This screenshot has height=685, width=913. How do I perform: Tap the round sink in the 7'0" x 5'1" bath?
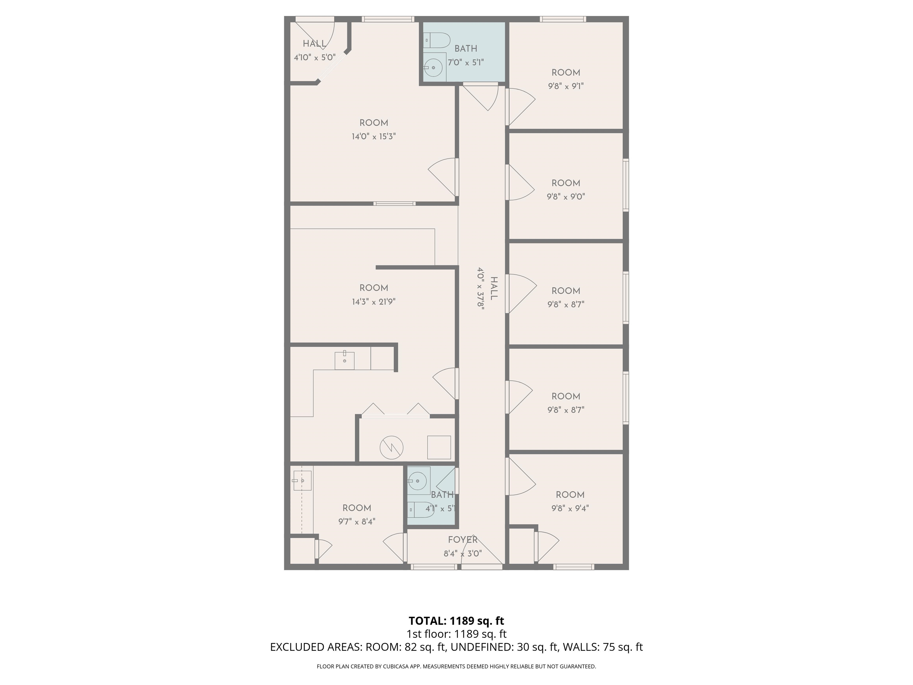click(x=433, y=67)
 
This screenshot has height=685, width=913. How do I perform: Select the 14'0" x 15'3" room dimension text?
click(x=374, y=136)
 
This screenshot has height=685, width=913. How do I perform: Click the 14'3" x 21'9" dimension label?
click(x=374, y=302)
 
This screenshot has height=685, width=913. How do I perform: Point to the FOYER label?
click(x=463, y=540)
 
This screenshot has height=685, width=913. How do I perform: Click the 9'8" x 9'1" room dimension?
click(x=566, y=86)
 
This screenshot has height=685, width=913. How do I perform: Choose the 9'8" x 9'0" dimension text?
click(x=566, y=197)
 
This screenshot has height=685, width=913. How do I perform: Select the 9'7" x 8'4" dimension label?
click(x=357, y=521)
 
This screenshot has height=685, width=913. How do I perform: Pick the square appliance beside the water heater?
click(x=439, y=447)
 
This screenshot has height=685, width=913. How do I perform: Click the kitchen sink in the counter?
click(x=344, y=360)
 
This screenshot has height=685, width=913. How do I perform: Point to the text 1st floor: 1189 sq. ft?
click(x=456, y=634)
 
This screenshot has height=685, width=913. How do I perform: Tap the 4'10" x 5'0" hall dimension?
click(x=314, y=57)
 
